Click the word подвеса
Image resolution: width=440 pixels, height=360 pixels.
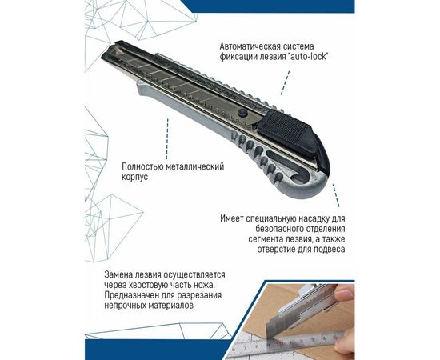(x=326, y=250)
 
